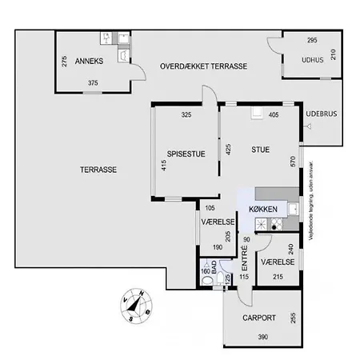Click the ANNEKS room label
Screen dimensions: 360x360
click(89, 62)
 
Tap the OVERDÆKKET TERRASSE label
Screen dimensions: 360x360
click(202, 66)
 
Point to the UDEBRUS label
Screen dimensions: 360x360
click(322, 114)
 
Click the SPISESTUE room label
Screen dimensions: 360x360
click(186, 154)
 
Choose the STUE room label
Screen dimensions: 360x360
click(261, 149)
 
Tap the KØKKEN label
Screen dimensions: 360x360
click(263, 209)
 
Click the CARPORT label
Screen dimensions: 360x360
click(259, 318)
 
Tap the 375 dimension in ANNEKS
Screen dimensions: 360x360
click(94, 83)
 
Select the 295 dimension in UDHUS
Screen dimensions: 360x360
click(312, 40)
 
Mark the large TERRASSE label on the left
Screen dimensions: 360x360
click(99, 170)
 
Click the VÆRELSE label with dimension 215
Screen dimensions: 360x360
click(278, 262)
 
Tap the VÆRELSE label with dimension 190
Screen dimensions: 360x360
click(216, 222)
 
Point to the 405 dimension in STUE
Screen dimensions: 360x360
click(273, 115)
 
